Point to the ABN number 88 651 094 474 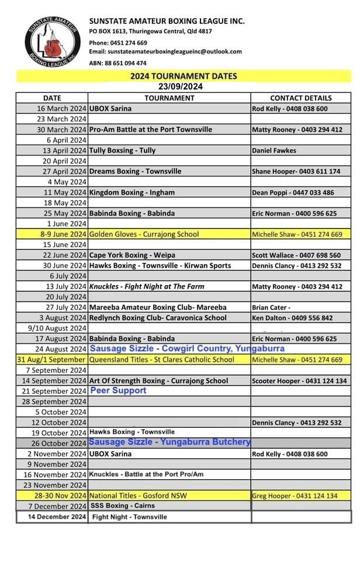(126, 63)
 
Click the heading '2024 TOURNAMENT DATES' (184, 76)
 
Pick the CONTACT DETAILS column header (301, 98)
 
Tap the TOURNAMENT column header (169, 98)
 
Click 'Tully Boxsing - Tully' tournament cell (123, 150)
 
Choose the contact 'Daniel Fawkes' (274, 150)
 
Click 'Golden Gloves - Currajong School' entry (144, 234)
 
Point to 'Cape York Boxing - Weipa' (131, 255)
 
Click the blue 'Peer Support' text (119, 390)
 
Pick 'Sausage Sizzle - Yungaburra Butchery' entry (170, 442)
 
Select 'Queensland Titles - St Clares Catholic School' (162, 360)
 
